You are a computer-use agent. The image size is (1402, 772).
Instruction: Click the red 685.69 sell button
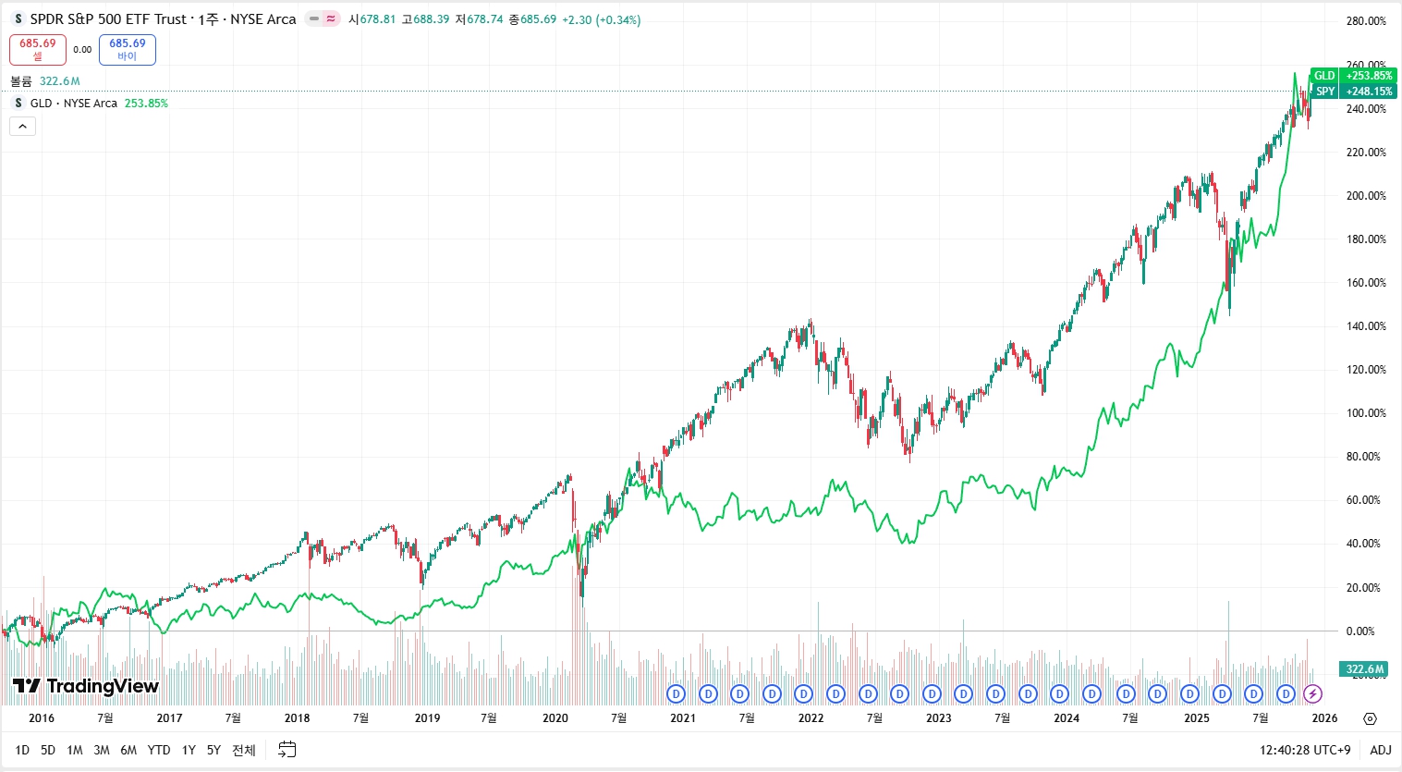[38, 50]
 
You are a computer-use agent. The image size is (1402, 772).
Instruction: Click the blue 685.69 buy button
[128, 50]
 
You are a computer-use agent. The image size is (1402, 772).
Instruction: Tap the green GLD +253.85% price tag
[1352, 76]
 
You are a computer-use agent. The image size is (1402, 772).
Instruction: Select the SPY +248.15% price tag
[1352, 92]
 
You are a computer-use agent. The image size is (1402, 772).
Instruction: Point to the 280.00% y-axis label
[1366, 21]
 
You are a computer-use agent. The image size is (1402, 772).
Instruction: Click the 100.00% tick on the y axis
[1366, 413]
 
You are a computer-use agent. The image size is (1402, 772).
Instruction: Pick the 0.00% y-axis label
[1360, 631]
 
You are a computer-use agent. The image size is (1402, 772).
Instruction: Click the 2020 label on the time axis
[555, 718]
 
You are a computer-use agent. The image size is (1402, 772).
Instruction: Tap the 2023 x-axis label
[938, 718]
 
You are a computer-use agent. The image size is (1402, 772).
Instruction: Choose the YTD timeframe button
[159, 750]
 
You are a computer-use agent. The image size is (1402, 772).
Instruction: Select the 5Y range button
[213, 750]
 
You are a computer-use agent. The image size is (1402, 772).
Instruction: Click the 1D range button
[22, 750]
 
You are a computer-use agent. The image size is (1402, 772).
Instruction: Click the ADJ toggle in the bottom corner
[1380, 750]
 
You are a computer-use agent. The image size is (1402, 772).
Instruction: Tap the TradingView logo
[86, 686]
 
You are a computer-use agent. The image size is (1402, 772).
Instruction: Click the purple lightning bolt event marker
[1312, 693]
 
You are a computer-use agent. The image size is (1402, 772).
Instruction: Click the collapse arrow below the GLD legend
[22, 126]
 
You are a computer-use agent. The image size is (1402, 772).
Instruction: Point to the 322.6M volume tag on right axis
[1364, 668]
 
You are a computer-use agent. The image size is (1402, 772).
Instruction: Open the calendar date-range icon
[287, 750]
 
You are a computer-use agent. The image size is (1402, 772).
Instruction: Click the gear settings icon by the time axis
[1370, 718]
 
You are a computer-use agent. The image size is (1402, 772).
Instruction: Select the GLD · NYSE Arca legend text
[74, 104]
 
